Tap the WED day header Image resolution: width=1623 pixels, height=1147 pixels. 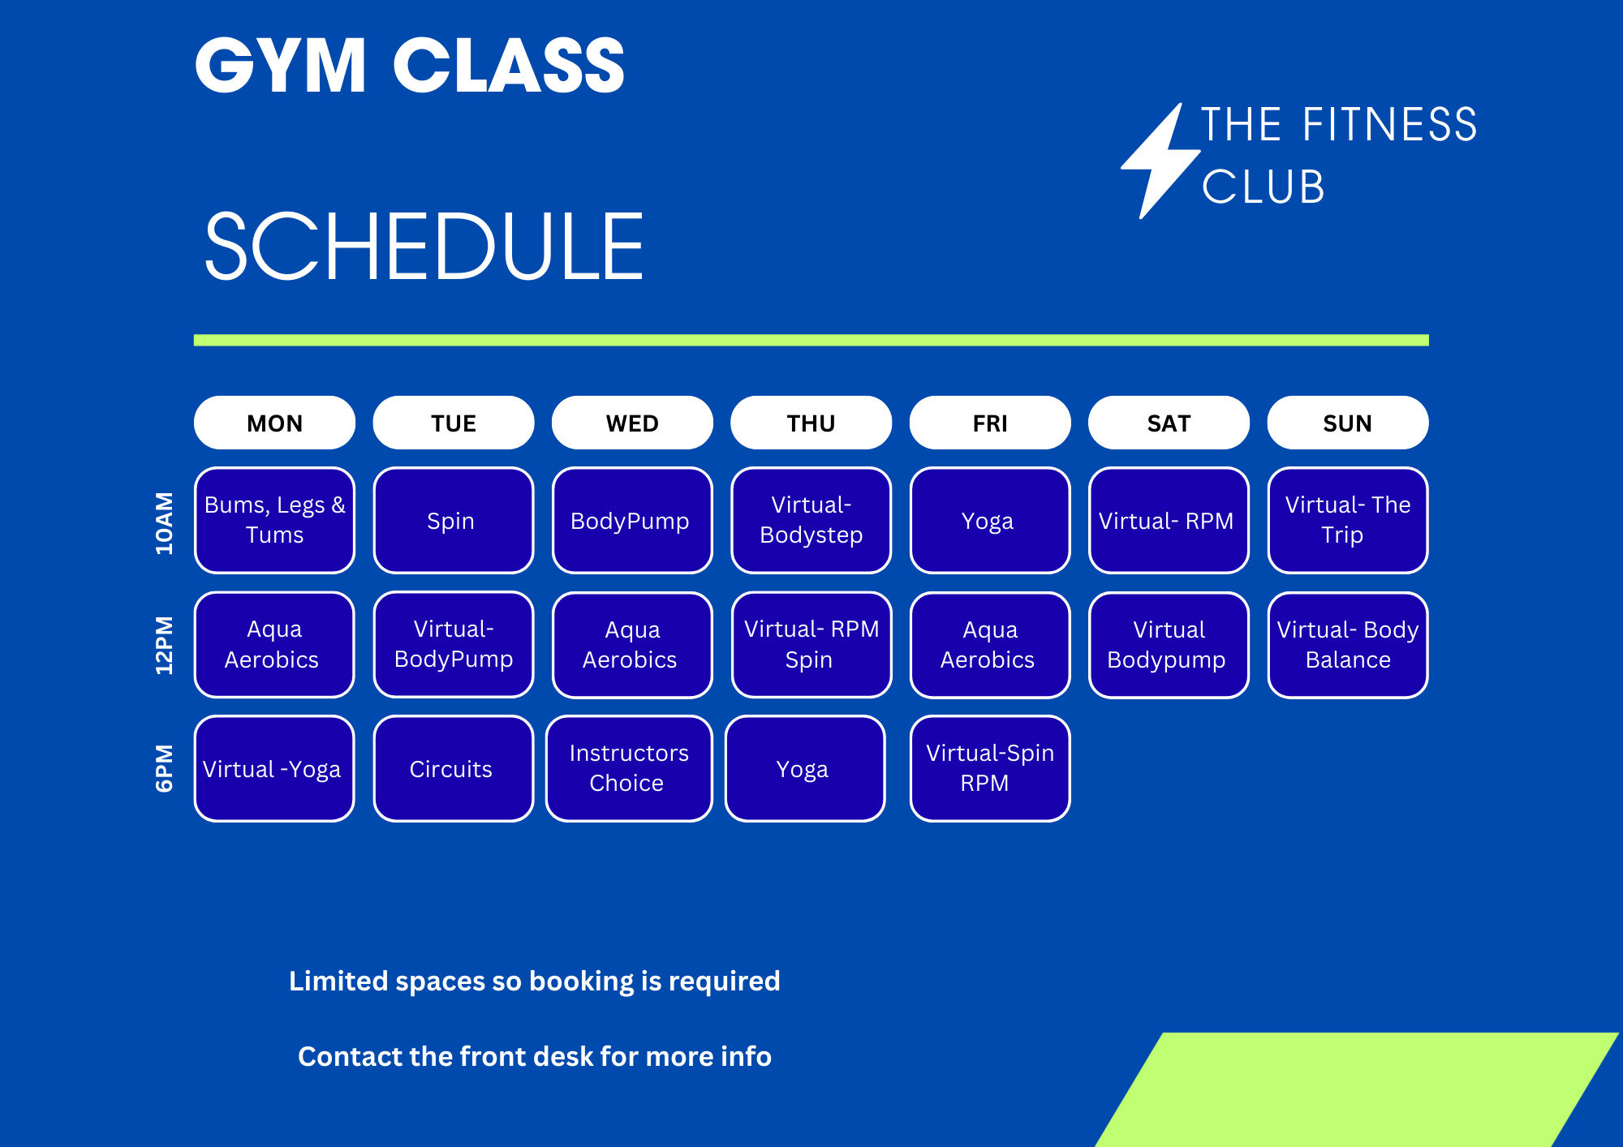(x=632, y=423)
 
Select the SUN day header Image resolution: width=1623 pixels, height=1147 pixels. (x=1348, y=423)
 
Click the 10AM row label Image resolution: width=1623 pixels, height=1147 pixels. (x=165, y=522)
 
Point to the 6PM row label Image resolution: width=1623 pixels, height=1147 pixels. (x=165, y=767)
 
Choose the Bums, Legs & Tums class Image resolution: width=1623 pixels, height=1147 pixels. (x=275, y=520)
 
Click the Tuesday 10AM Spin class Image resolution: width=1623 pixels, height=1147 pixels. (x=454, y=520)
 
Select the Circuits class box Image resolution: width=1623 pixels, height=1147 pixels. (x=454, y=768)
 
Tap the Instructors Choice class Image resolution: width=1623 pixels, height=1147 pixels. (x=629, y=768)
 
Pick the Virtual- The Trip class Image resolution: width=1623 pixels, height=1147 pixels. (x=1348, y=520)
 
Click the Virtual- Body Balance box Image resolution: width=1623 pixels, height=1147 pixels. (x=1348, y=645)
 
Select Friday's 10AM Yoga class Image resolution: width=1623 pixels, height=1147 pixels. (x=990, y=520)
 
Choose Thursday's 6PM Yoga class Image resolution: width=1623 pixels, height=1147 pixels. (x=805, y=768)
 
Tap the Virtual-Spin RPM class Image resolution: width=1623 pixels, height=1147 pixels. (x=990, y=768)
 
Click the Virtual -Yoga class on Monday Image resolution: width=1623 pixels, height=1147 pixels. (x=274, y=768)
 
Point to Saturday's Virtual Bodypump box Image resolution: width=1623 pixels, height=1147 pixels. (x=1169, y=645)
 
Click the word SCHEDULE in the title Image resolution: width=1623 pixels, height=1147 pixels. (x=424, y=247)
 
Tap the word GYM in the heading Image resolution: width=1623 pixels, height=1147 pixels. (x=281, y=66)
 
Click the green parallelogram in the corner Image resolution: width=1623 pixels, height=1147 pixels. (x=1357, y=1089)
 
